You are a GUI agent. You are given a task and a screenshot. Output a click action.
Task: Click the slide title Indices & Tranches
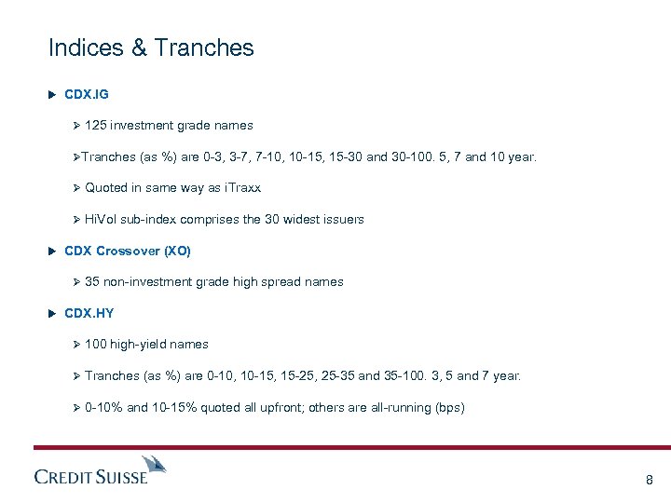click(x=150, y=48)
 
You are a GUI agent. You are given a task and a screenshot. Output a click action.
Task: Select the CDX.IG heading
click(x=87, y=94)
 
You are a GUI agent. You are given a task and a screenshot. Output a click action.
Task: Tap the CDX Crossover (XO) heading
click(x=127, y=251)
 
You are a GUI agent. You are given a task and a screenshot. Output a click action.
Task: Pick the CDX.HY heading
click(x=89, y=314)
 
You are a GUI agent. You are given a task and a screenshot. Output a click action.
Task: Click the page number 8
click(x=649, y=481)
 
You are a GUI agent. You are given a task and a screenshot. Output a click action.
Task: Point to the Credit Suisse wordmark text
click(x=90, y=477)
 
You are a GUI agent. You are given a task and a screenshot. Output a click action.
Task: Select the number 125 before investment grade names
click(x=95, y=126)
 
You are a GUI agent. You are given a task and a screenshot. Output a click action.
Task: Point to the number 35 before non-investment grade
click(x=91, y=282)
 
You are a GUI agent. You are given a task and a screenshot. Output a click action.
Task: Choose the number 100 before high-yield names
click(x=95, y=345)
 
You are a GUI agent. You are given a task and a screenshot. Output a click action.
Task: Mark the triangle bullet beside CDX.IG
click(x=52, y=94)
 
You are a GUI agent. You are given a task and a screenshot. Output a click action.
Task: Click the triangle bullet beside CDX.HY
click(x=52, y=314)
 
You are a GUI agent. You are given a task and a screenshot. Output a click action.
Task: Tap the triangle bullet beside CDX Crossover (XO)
click(x=52, y=251)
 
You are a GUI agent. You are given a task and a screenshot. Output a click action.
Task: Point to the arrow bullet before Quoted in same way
click(x=77, y=188)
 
